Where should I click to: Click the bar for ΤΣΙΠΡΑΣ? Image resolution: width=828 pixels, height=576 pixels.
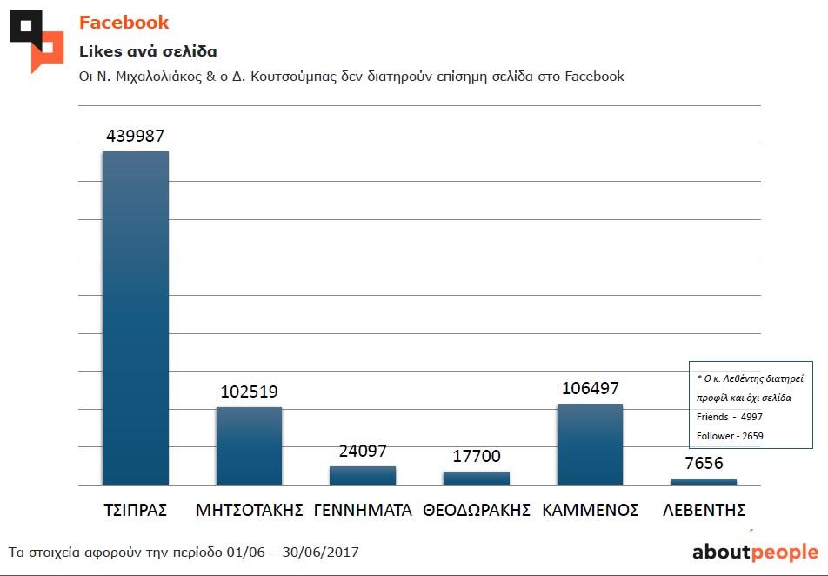[x=136, y=318]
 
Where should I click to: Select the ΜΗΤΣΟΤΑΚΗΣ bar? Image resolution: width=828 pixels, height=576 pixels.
[x=249, y=445]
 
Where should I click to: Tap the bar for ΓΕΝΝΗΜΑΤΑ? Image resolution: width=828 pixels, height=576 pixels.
[x=363, y=475]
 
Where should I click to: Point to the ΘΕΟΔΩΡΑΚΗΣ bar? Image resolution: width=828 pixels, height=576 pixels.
[x=476, y=478]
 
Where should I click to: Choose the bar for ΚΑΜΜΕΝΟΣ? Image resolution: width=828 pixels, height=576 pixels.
[x=590, y=444]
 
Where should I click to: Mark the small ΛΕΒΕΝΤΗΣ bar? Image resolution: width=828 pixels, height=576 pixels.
[x=704, y=481]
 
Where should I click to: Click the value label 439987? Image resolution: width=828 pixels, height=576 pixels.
[x=136, y=136]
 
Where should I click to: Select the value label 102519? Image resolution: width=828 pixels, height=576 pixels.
[x=249, y=392]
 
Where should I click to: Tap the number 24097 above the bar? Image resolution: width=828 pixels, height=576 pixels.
[x=363, y=451]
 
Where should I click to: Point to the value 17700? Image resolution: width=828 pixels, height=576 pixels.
[x=476, y=456]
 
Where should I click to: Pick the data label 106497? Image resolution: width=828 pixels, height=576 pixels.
[x=590, y=388]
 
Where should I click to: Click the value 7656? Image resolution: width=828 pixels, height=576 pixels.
[x=704, y=463]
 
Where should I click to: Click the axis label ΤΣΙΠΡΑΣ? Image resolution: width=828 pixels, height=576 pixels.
[x=135, y=510]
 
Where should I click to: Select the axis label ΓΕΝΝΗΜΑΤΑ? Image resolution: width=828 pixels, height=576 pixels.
[x=363, y=510]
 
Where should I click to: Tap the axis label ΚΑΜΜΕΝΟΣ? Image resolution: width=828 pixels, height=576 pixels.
[x=590, y=510]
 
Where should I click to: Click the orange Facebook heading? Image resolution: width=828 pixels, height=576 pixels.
[x=124, y=23]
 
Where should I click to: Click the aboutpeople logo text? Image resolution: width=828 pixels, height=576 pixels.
[x=755, y=552]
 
